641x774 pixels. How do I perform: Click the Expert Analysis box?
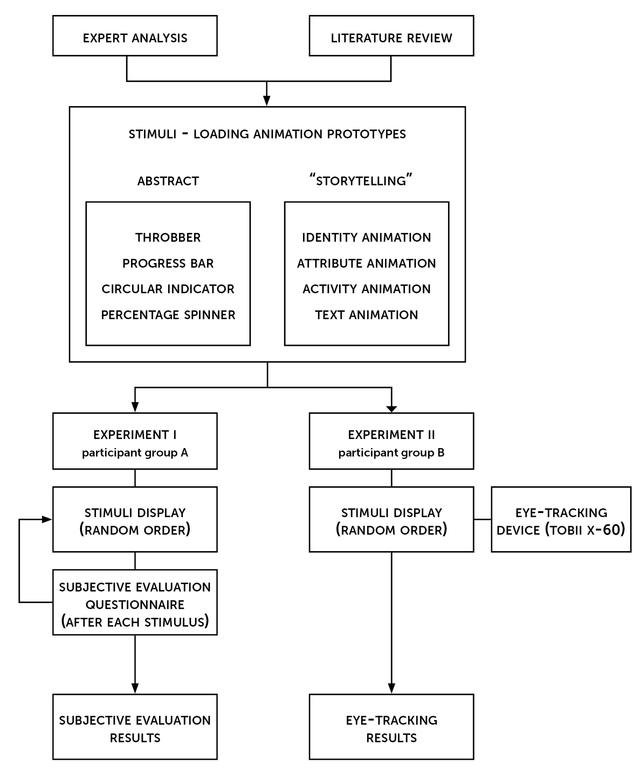coord(135,36)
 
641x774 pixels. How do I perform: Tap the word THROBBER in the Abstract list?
coord(168,238)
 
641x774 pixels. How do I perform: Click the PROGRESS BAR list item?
coord(168,263)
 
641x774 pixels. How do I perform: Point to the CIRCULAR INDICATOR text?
coord(168,289)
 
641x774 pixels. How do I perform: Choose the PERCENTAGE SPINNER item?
coord(168,315)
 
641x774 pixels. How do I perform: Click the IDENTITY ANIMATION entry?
coord(367,238)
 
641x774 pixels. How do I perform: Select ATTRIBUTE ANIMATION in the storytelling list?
coord(367,263)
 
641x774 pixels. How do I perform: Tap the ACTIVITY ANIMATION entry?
coord(367,289)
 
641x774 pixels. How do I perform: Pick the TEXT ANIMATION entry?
coord(367,315)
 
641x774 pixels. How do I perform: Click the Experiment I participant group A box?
coord(135,441)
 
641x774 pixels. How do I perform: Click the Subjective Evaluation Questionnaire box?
coord(135,603)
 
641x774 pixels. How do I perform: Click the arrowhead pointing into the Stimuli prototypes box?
coord(267,101)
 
